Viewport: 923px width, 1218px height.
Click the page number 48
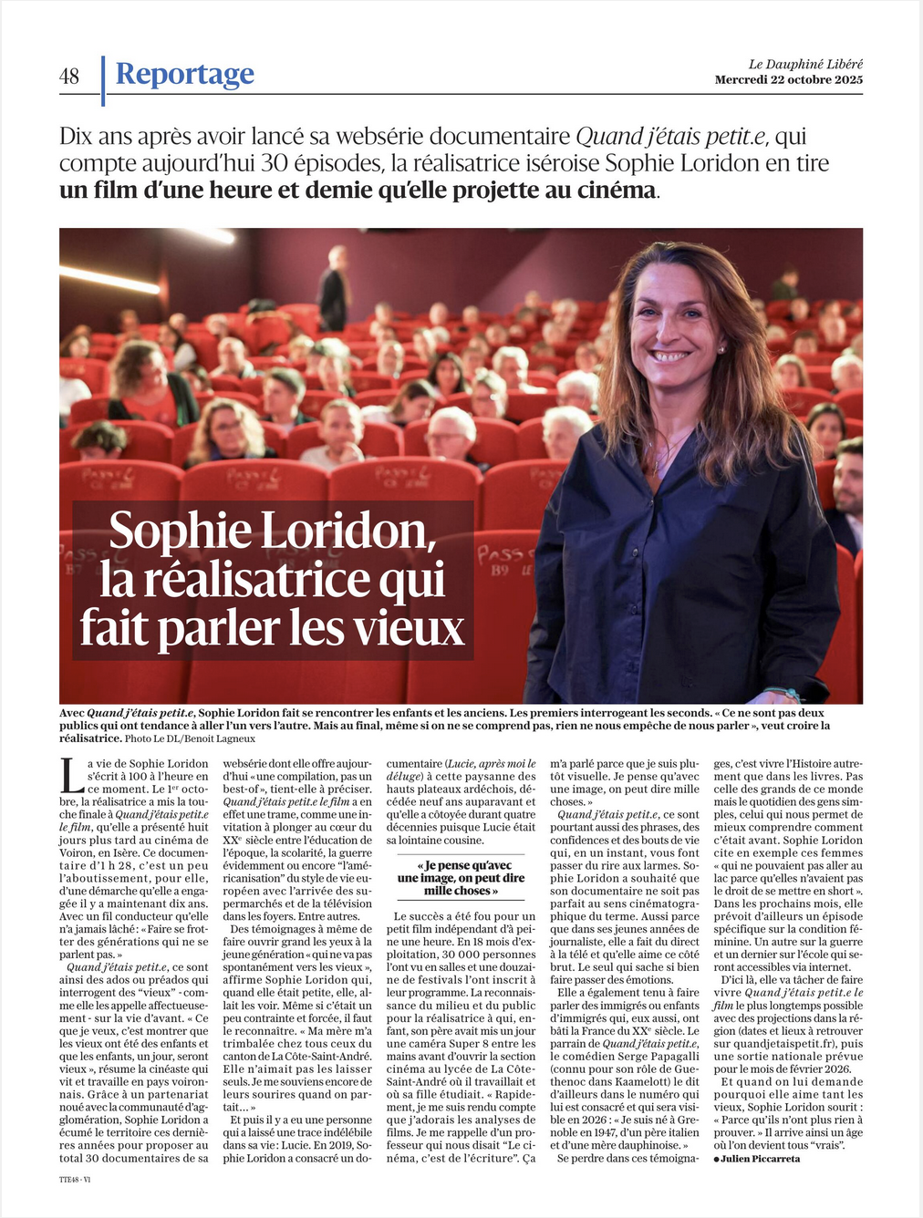(x=69, y=77)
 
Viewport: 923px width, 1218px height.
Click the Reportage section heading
(x=184, y=74)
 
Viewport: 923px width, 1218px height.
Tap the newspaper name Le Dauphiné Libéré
(x=805, y=64)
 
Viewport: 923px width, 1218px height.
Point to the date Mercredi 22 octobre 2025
(x=788, y=79)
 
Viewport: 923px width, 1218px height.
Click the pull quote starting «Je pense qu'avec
(x=461, y=877)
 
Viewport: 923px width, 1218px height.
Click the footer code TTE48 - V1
(x=75, y=1179)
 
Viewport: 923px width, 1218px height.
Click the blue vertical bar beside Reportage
(x=103, y=80)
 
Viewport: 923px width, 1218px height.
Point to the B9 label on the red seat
(x=499, y=572)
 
